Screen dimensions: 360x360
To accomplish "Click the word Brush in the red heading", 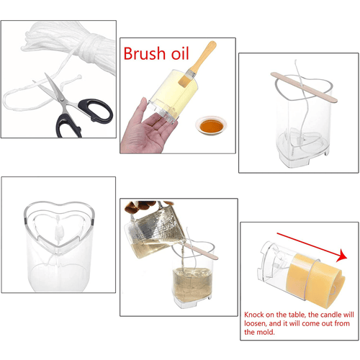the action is tap(144, 53).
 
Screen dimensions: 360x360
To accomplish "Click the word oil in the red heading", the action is tap(180, 53).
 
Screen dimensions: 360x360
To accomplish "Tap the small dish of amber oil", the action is tap(211, 125).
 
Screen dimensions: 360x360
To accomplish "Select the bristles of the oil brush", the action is tap(186, 78).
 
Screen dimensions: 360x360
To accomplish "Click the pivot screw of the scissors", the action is tap(62, 99).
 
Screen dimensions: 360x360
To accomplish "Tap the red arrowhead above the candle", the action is tap(341, 256).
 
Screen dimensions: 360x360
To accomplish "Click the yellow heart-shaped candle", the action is tap(315, 281).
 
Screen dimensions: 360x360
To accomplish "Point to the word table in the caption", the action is tap(297, 315).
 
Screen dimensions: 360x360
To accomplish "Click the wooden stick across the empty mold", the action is tap(304, 87).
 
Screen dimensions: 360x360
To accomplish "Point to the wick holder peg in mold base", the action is tap(300, 140).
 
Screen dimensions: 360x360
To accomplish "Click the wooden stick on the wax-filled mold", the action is tap(200, 251).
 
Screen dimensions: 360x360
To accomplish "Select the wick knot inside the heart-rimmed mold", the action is tap(59, 231).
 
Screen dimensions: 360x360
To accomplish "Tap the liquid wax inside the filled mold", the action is tap(193, 284).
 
